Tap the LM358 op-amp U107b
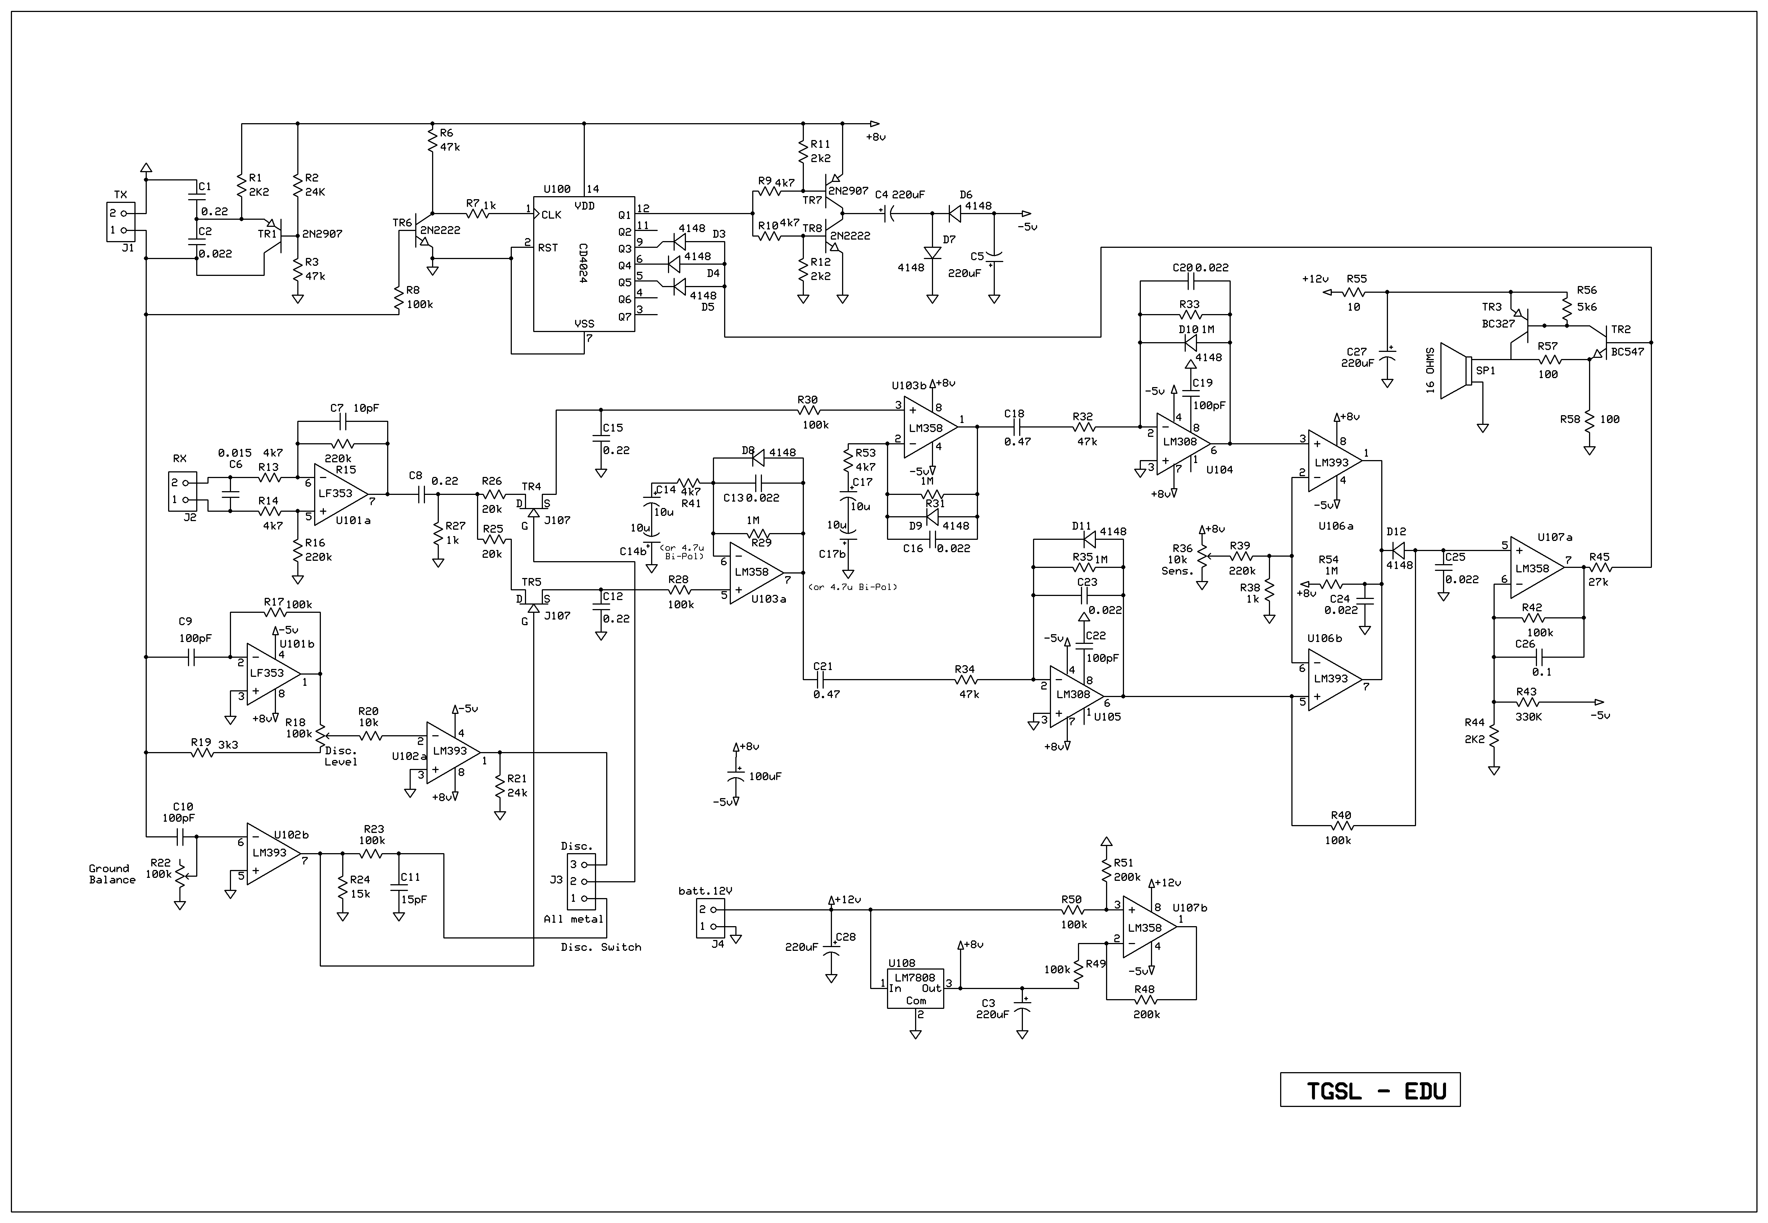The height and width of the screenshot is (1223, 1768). (1149, 927)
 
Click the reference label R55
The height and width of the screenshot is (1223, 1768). (1357, 279)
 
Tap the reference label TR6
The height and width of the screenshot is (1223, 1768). (402, 223)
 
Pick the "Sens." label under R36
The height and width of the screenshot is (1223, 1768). (1177, 571)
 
